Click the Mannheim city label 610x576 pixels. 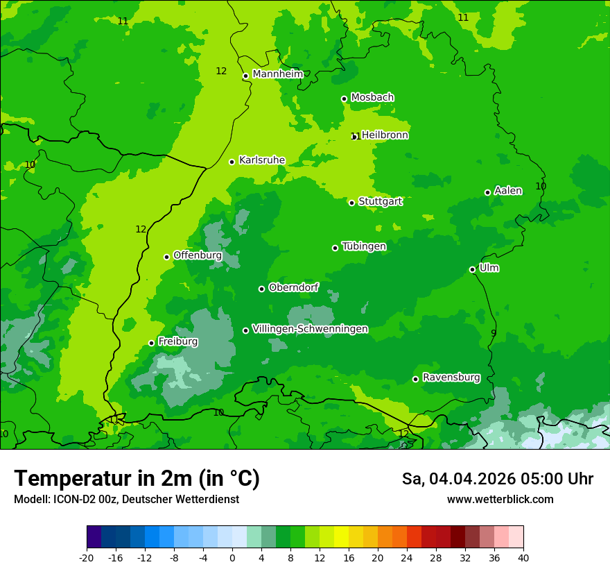[x=277, y=74]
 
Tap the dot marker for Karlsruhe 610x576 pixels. [x=232, y=162]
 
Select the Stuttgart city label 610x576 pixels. [x=380, y=201]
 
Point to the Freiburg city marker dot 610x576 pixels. [x=151, y=343]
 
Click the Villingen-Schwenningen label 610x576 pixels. [x=310, y=329]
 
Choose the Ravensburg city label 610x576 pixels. [x=451, y=378]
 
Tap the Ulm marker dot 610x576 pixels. [x=472, y=269]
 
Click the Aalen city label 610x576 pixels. [x=508, y=191]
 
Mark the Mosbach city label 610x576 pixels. [x=372, y=97]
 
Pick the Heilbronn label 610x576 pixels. [x=385, y=135]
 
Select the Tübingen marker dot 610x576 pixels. [x=335, y=248]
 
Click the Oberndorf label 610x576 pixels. [x=293, y=287]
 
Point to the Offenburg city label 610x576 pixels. [x=198, y=255]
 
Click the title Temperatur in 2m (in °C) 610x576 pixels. [x=137, y=479]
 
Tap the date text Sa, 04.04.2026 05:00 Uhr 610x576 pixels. [x=497, y=479]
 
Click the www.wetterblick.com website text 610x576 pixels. [x=500, y=500]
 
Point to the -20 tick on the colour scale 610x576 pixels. [x=87, y=557]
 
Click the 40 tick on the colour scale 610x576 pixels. [x=523, y=557]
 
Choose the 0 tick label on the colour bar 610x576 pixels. [x=232, y=557]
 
